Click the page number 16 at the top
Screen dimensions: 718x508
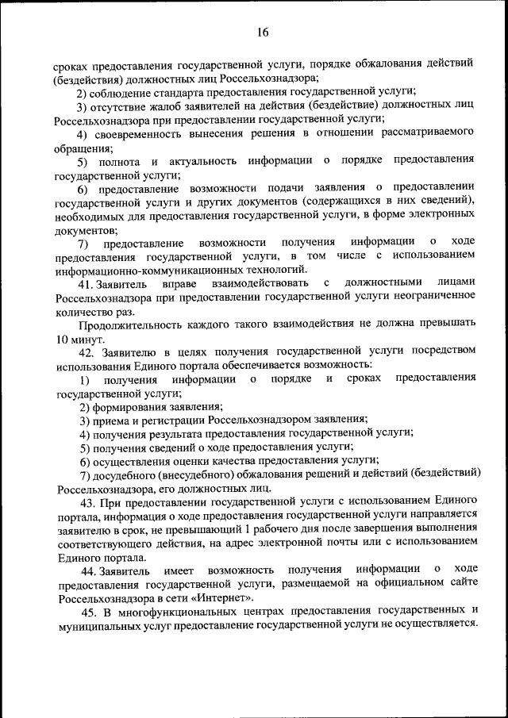click(x=263, y=32)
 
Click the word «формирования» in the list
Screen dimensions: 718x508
click(x=131, y=406)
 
